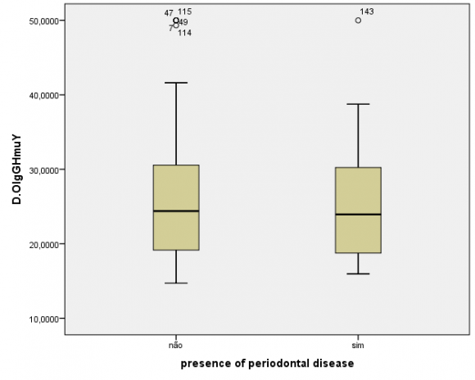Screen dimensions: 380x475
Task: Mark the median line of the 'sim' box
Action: click(x=358, y=215)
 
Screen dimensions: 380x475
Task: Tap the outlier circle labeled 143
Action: click(x=358, y=20)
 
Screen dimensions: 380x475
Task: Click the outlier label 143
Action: click(x=367, y=11)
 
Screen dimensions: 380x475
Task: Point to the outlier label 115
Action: click(x=185, y=11)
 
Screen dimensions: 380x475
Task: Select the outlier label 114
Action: click(x=185, y=33)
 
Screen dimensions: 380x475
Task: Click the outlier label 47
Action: click(x=169, y=13)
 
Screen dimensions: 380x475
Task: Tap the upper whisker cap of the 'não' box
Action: click(x=176, y=83)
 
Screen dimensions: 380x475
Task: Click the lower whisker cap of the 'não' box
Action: click(x=176, y=283)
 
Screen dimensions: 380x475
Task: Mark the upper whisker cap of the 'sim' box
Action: click(x=358, y=104)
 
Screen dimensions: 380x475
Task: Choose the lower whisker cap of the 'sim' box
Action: click(x=358, y=274)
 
